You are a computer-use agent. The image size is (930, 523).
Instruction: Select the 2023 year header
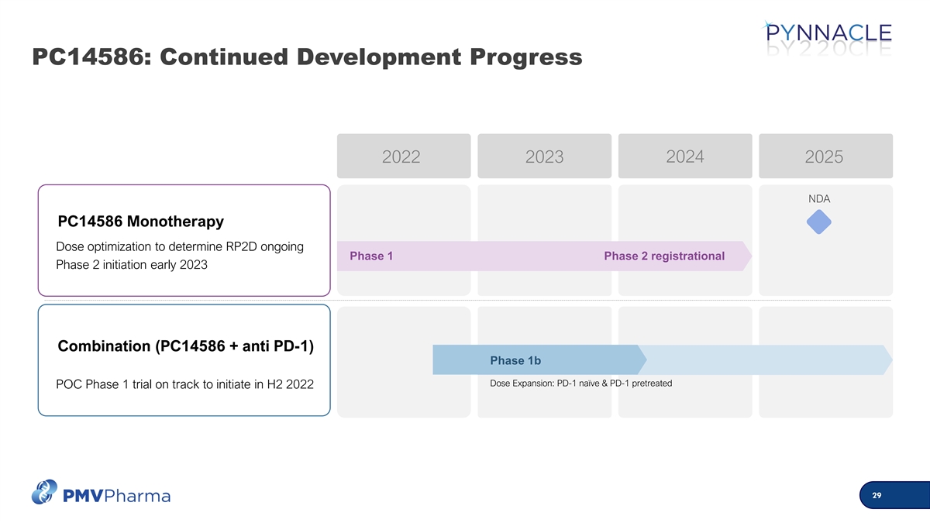[x=544, y=156]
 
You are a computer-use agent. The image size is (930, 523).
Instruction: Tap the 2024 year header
[x=685, y=156]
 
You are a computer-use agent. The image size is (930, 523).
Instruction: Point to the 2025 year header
[x=826, y=156]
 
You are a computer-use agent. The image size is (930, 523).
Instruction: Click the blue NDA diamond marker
[x=818, y=222]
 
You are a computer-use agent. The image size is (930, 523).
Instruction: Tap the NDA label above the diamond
[x=819, y=199]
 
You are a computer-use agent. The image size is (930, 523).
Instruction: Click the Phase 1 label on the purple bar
[x=371, y=256]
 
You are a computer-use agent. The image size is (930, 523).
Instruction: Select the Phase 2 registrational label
[x=664, y=256]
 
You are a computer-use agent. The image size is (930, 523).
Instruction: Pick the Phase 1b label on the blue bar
[x=515, y=360]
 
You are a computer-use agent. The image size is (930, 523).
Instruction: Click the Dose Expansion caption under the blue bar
[x=580, y=383]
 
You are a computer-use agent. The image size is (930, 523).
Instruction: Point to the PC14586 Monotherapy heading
[x=141, y=222]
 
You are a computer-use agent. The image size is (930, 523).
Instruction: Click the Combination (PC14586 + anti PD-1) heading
[x=185, y=346]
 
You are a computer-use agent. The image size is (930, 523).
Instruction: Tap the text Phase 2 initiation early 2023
[x=132, y=265]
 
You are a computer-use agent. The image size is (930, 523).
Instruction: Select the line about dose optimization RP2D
[x=180, y=246]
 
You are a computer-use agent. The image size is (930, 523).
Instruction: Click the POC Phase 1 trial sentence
[x=184, y=384]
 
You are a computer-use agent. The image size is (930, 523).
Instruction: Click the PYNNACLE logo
[x=827, y=37]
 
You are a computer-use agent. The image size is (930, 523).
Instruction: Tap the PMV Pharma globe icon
[x=44, y=492]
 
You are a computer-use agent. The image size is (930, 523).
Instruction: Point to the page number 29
[x=877, y=495]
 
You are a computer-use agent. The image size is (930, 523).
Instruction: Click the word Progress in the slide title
[x=526, y=57]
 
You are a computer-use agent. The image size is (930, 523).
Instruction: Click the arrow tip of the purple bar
[x=752, y=256]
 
